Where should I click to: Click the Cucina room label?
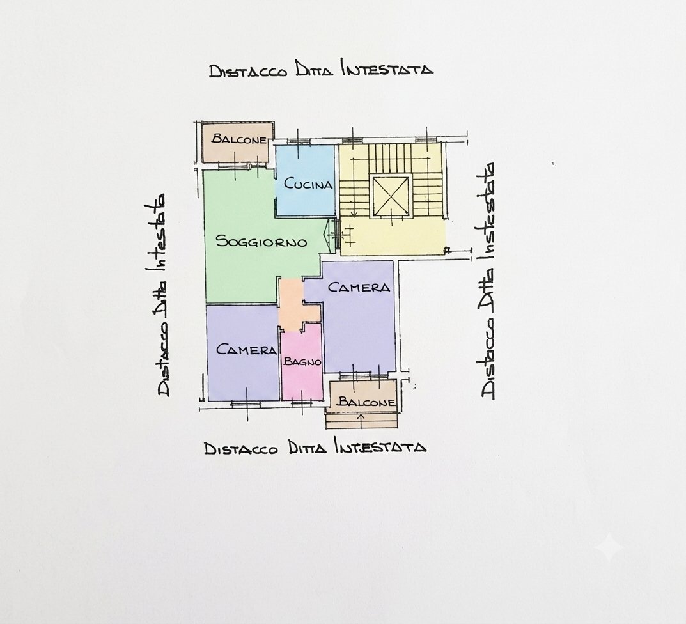coord(308,183)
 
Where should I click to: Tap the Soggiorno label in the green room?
coord(261,241)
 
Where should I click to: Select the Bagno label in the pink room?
coord(302,362)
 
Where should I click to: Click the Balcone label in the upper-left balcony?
coord(238,139)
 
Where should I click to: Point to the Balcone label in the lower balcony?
coord(366,402)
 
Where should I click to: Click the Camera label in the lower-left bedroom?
coord(247,350)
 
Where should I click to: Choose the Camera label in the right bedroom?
coord(359,287)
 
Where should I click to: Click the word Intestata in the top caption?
coord(387,70)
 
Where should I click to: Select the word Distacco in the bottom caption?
coord(240,449)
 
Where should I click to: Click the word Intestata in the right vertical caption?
coord(488,212)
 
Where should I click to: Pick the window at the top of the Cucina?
coord(299,141)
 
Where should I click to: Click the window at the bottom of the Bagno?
coord(301,403)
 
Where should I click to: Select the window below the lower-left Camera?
coord(246,404)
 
